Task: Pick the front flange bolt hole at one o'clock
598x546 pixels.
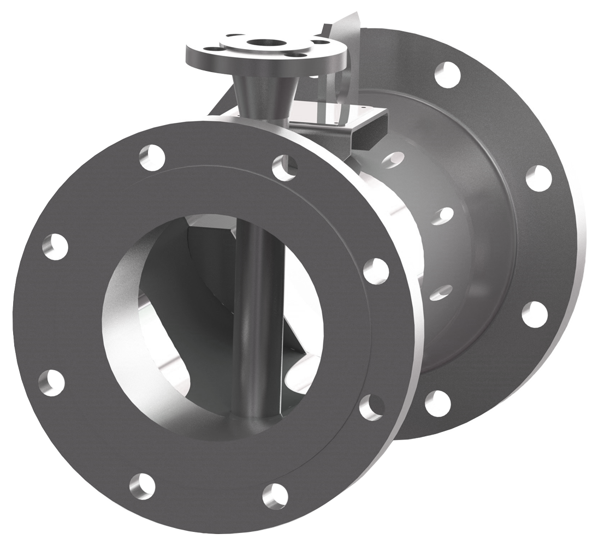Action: (285, 167)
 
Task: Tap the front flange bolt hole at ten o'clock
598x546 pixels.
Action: (55, 246)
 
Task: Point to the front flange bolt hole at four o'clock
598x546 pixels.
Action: (372, 407)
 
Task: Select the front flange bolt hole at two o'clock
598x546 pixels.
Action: (376, 271)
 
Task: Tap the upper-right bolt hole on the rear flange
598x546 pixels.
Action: (538, 178)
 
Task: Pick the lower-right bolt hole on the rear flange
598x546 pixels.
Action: (535, 314)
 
